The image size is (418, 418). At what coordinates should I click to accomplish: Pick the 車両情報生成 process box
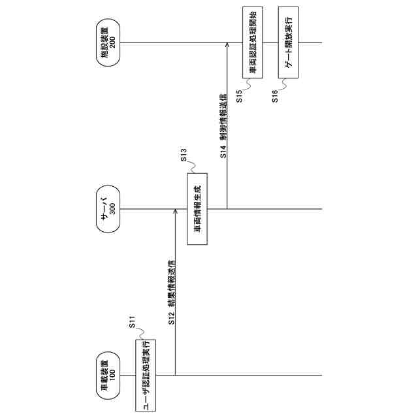[197, 209]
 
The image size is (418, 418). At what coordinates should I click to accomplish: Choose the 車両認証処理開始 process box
[251, 44]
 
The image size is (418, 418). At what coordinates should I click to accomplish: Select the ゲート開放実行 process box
[288, 44]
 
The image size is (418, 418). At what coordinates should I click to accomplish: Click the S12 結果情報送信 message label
[170, 293]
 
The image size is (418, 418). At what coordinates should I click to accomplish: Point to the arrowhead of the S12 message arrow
[176, 212]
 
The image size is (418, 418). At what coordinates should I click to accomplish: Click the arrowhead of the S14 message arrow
[227, 46]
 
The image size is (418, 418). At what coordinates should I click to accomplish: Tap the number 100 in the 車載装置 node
[112, 375]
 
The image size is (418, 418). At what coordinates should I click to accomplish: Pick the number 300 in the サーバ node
[112, 209]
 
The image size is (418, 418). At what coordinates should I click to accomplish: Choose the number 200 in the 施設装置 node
[112, 44]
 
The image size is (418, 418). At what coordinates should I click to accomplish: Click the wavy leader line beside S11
[138, 334]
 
